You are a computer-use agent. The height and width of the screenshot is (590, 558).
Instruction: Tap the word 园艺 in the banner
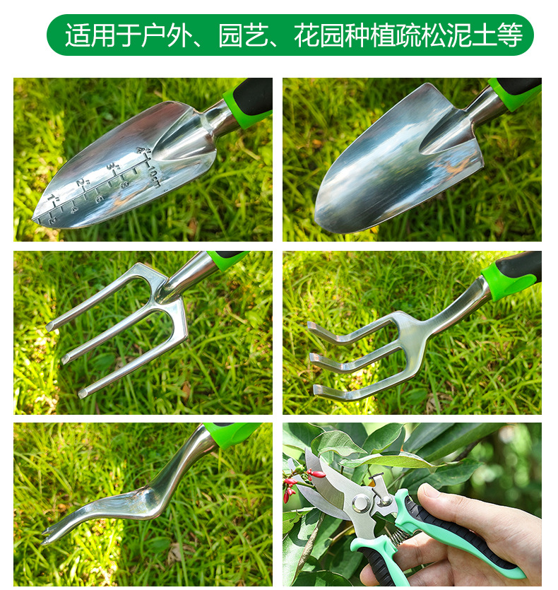[x=244, y=35]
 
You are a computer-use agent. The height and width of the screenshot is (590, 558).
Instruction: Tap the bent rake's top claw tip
[x=311, y=326]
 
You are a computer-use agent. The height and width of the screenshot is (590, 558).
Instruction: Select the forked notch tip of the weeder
[x=45, y=536]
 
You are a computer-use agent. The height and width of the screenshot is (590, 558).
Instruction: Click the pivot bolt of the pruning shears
[x=361, y=502]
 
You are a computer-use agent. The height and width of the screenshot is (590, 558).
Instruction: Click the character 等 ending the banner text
[x=510, y=35]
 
